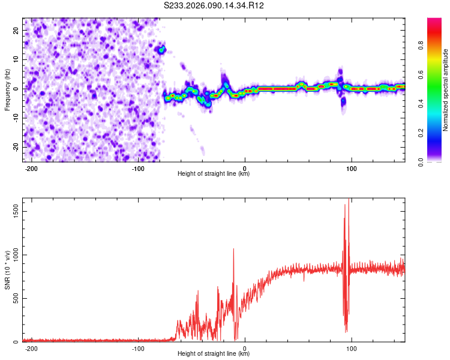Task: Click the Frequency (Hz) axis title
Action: click(7, 89)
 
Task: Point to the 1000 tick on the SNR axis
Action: click(13, 255)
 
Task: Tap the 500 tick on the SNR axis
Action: click(15, 299)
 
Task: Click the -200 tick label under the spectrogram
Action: click(32, 167)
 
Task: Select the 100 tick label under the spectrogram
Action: click(352, 167)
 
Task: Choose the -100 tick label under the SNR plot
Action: click(138, 348)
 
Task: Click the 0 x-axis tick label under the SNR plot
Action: click(245, 348)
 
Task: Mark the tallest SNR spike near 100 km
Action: click(349, 200)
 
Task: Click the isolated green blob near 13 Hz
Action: click(161, 49)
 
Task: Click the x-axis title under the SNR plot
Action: click(214, 354)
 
